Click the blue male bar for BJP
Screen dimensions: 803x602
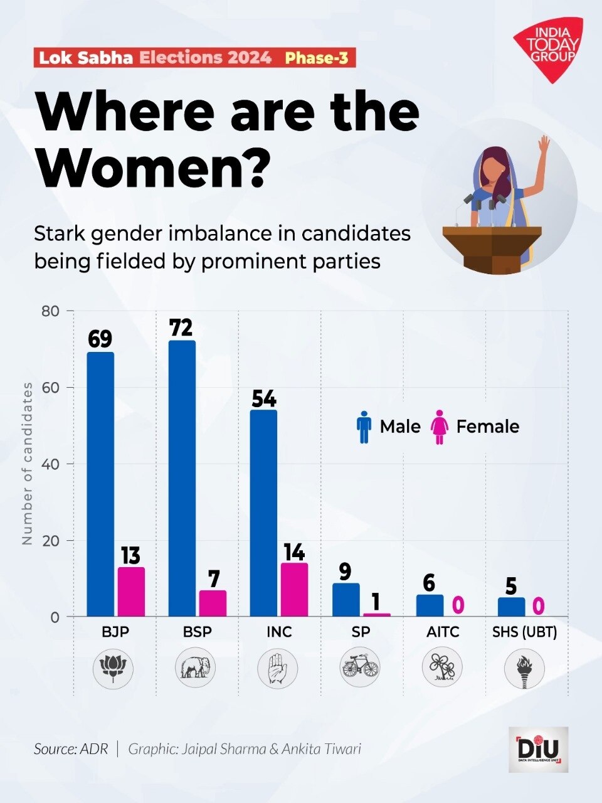(100, 484)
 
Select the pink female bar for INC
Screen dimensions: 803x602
(294, 590)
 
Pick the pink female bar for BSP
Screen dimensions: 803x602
(213, 604)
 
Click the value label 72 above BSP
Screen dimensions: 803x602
(181, 328)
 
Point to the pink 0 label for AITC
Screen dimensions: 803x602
(458, 605)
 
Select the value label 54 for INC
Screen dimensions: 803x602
(264, 399)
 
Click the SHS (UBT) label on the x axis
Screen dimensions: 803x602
(524, 632)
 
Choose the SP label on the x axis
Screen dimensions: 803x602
(361, 632)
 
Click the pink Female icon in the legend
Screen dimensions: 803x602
(440, 427)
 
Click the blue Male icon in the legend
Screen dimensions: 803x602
(364, 427)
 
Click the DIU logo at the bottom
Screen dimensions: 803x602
(538, 749)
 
